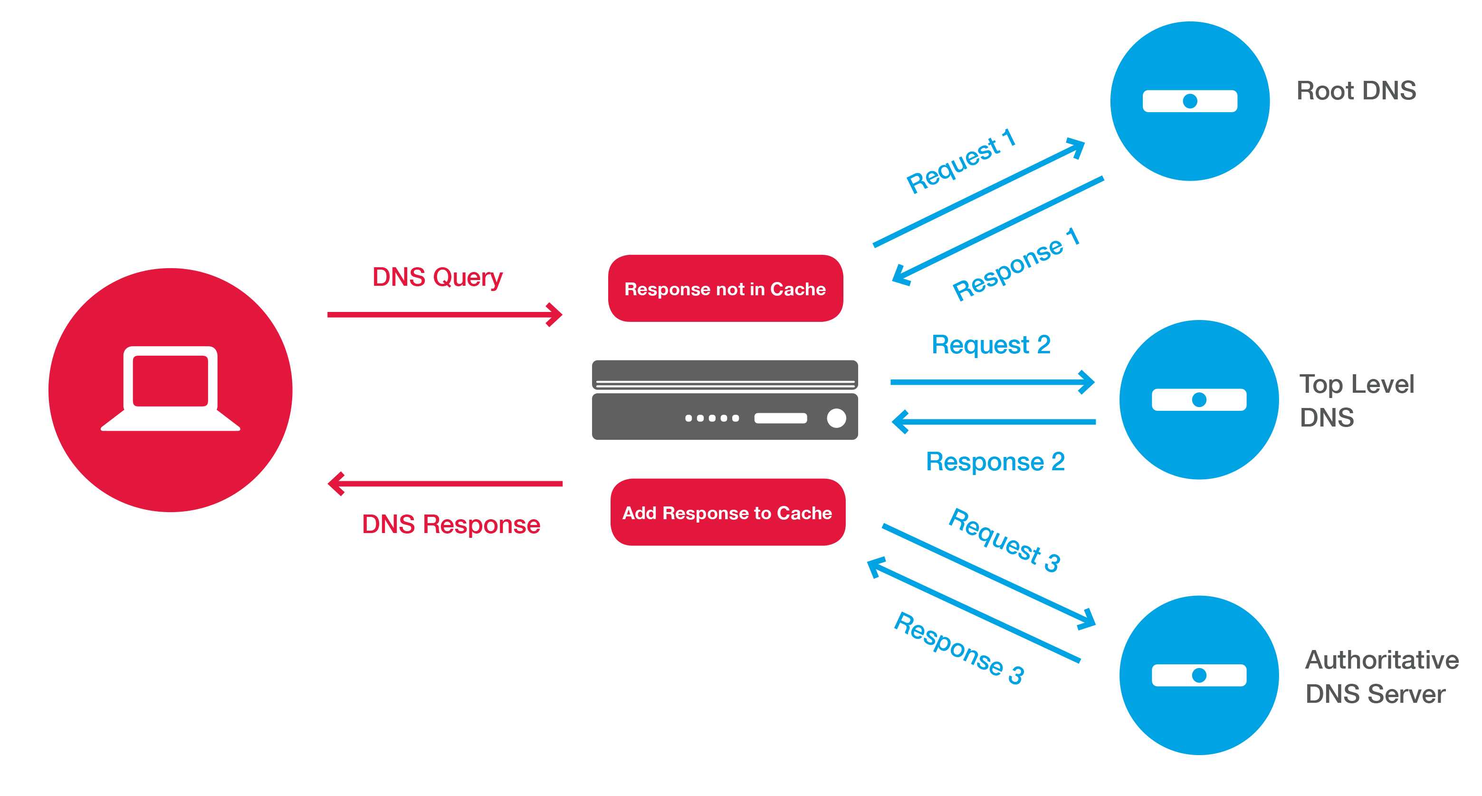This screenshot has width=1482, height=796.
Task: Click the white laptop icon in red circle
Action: point(170,388)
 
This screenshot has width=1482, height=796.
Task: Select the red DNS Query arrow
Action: point(443,314)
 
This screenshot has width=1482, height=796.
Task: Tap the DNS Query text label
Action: point(437,277)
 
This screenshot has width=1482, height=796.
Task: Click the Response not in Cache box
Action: point(725,288)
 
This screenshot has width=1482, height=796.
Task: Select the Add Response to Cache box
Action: point(727,512)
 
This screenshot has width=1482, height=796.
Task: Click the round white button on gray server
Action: point(836,418)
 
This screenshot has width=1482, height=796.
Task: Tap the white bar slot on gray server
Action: point(780,418)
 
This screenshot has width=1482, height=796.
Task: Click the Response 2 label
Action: point(994,462)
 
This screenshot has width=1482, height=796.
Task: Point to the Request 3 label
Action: point(1004,540)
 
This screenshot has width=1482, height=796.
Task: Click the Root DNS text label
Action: point(1356,91)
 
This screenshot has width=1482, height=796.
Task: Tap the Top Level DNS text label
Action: point(1356,400)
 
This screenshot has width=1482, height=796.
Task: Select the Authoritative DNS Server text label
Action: point(1381,676)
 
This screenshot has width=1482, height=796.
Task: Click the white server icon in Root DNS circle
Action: point(1189,101)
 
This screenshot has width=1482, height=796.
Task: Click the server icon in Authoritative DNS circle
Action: point(1198,675)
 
